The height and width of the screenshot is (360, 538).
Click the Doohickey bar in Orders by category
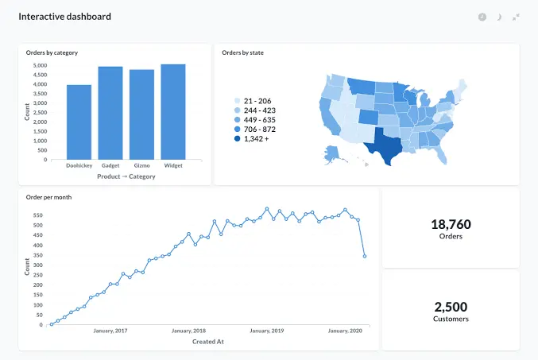pos(79,122)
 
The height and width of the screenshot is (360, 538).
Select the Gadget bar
pos(110,113)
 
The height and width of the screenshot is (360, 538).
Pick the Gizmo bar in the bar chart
pos(141,114)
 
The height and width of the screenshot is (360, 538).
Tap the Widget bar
pos(173,111)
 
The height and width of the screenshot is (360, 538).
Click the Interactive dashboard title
pos(65,17)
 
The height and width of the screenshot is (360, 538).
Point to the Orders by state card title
pos(242,52)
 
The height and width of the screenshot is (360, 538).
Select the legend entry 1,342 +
pos(256,138)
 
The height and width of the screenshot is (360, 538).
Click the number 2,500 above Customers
pos(451,307)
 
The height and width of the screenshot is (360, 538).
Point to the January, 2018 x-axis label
pos(188,331)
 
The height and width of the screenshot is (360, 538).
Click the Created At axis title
pos(209,342)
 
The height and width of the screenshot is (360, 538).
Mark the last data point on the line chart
pos(365,256)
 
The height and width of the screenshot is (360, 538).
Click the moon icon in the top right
pos(499,17)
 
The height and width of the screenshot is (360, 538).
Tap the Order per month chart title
pos(49,197)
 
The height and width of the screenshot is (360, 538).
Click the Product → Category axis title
pos(126,176)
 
